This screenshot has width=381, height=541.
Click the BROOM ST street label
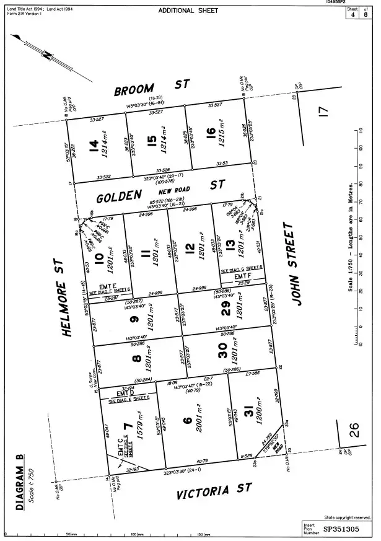pos(151,88)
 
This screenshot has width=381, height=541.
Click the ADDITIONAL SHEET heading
pos(188,11)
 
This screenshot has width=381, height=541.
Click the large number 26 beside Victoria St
pos(354,429)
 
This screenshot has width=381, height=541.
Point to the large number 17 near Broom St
pos(322,112)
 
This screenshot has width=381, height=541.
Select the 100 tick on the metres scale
pos(361,147)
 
